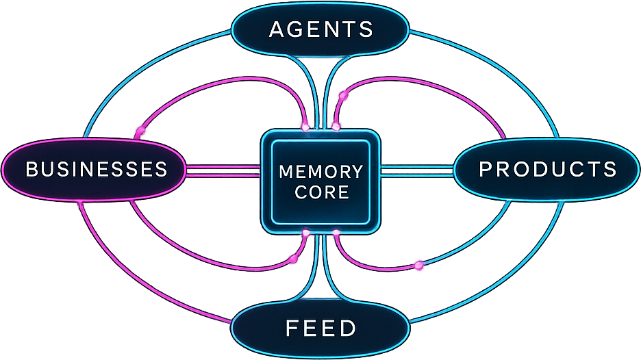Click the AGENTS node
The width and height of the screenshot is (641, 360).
320,29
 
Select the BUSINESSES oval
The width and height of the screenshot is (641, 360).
96,169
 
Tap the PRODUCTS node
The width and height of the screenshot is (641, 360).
547,169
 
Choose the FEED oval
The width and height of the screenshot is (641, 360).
320,328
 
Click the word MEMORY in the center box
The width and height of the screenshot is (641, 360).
320,171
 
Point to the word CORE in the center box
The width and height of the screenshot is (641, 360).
321,192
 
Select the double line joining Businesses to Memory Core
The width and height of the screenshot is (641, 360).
223,170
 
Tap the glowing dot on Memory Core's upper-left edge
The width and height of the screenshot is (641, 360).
305,127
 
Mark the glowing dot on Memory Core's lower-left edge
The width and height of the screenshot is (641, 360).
305,233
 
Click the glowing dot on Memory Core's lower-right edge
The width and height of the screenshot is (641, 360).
336,233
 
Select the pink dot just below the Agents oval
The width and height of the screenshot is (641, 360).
342,96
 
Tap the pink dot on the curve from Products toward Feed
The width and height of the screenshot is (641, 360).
418,265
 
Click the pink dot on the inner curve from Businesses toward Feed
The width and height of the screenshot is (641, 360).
294,259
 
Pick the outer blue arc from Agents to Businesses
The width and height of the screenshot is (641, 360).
137,68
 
